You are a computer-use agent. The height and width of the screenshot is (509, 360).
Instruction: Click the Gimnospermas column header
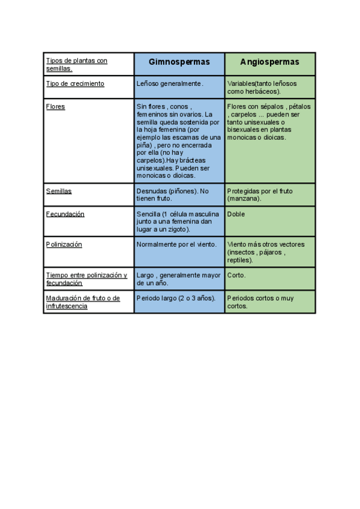(x=179, y=62)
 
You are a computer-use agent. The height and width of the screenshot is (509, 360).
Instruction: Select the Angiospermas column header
(x=269, y=62)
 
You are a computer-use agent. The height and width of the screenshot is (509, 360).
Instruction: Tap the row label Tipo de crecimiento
(x=75, y=83)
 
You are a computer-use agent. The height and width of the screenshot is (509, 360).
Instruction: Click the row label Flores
(x=56, y=106)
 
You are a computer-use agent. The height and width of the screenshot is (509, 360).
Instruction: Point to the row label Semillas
(x=59, y=191)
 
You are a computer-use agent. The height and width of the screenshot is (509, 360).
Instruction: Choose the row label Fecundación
(x=65, y=214)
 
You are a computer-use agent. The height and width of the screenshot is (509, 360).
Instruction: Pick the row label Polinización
(x=64, y=244)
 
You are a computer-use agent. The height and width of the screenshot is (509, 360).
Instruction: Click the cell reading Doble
(x=236, y=214)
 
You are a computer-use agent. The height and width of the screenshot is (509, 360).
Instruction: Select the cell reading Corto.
(x=237, y=275)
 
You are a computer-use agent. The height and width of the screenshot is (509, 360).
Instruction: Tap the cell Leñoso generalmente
(x=170, y=83)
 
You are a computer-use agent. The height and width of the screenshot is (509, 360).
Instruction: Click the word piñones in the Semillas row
(x=182, y=191)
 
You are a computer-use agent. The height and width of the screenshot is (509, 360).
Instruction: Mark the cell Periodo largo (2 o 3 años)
(x=175, y=298)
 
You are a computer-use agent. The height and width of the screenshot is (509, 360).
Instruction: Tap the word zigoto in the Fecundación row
(x=178, y=229)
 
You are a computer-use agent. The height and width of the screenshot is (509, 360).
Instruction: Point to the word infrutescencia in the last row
(x=67, y=306)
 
